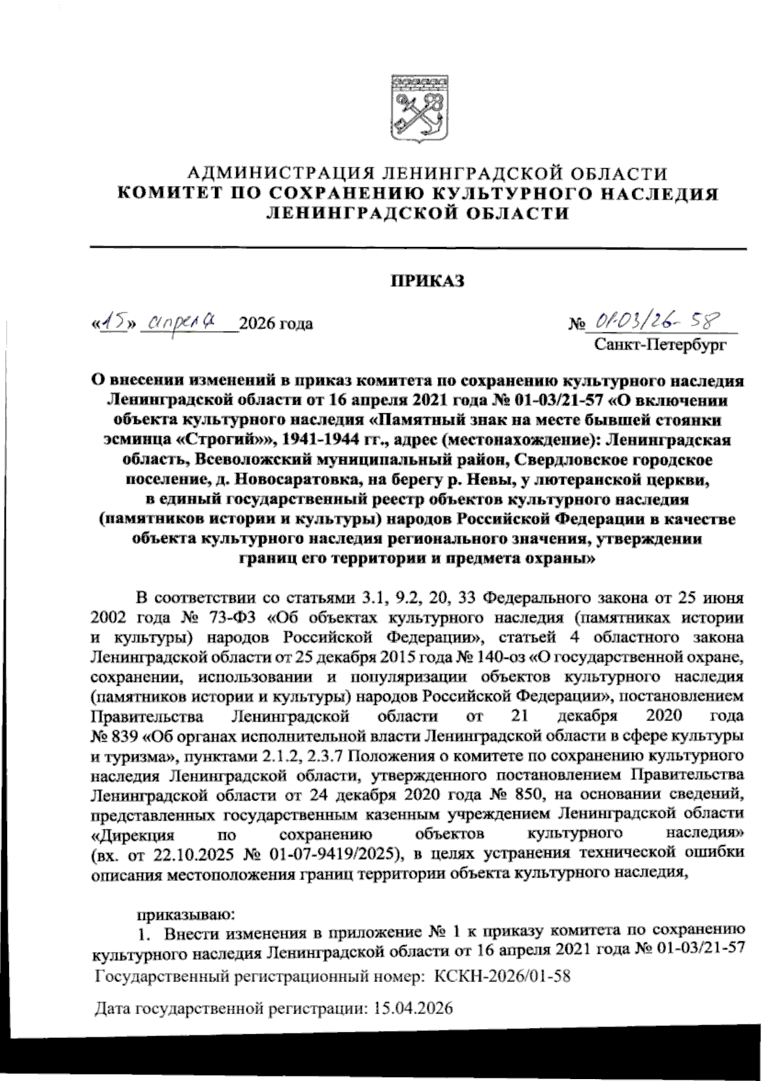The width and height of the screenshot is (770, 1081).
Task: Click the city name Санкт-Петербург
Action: pyautogui.click(x=660, y=346)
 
